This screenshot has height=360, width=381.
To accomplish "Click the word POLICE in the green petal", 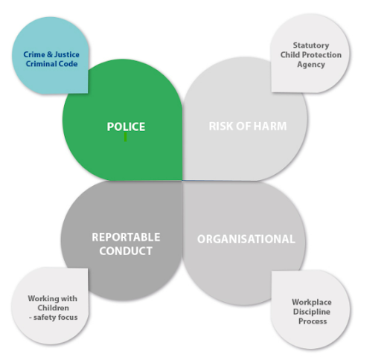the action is pos(126,126).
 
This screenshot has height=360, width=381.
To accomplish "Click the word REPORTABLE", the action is pos(126,237).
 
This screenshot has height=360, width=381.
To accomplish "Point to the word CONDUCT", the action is pos(126,251).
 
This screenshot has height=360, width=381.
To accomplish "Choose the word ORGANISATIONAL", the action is pos(246,240).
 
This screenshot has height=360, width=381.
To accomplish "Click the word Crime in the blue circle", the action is pos(34,54).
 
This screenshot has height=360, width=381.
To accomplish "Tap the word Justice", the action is pos(67,54).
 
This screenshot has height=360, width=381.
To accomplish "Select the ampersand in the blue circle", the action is pos(50,54).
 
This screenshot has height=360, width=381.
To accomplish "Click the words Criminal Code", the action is pos(51,64).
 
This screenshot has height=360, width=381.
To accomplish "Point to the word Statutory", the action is pos(311,45).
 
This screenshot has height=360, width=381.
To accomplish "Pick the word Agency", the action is pos(311,65).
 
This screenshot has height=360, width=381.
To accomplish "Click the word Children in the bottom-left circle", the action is pos(53,308).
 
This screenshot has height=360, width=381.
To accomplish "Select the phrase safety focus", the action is pos(55,317).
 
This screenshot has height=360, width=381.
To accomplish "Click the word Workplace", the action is pos(312,302).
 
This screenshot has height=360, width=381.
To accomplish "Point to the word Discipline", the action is pos(312,312).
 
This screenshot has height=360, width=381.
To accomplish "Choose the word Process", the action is pos(313,321).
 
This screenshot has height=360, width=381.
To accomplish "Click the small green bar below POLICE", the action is pos(126,137).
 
